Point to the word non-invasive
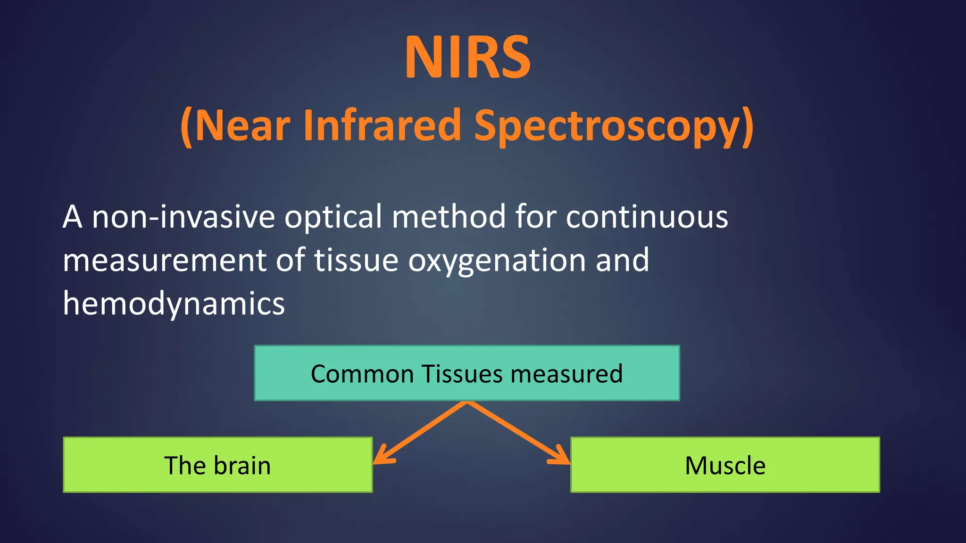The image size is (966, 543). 183,217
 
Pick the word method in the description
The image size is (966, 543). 449,217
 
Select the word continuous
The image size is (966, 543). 647,217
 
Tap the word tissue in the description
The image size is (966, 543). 356,261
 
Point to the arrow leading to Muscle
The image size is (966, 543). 516,433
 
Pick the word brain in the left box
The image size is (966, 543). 242,466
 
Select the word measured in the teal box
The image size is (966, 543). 566,374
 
